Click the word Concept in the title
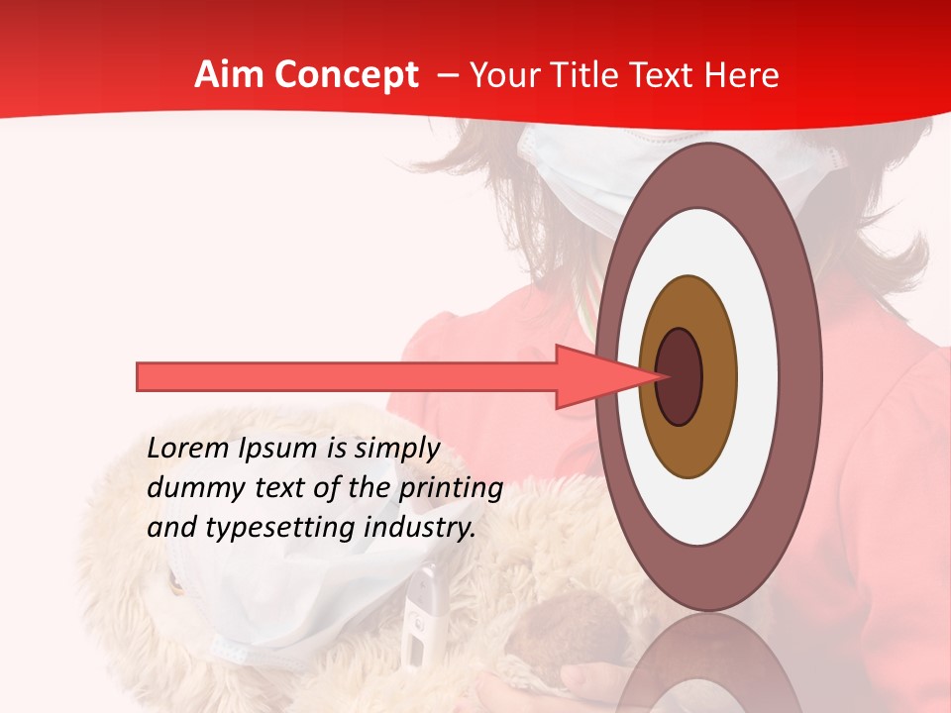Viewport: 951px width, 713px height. pyautogui.click(x=347, y=75)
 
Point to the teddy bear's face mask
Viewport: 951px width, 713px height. pyautogui.click(x=248, y=594)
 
